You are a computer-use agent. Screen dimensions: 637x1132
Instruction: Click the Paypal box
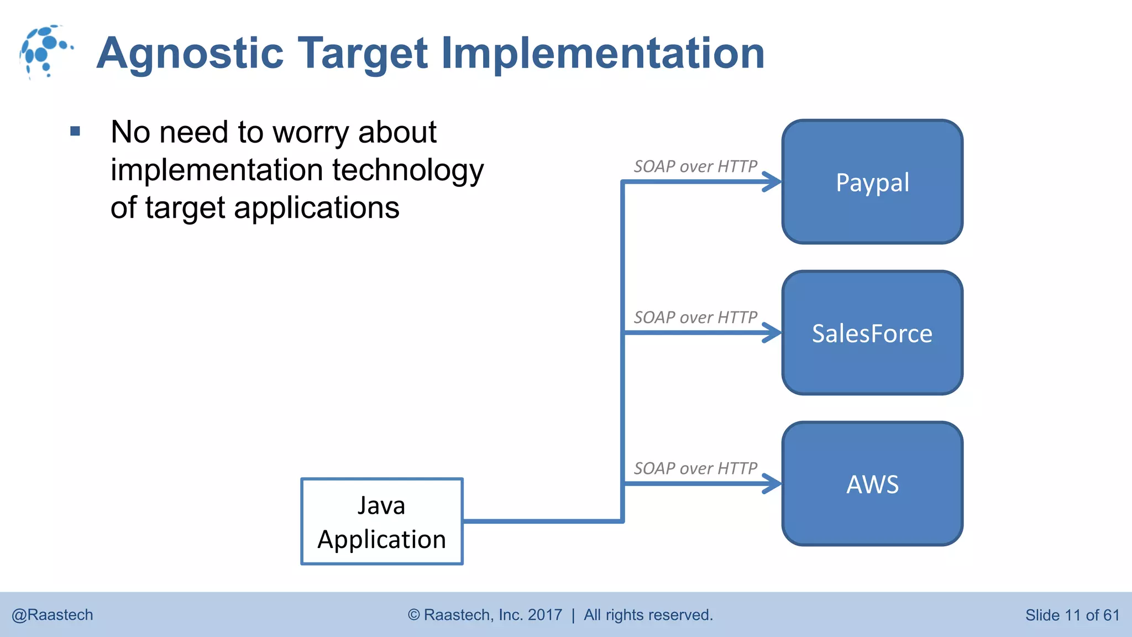872,182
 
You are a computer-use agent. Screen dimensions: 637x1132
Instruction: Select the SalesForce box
872,333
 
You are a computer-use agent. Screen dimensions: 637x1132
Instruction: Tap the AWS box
872,484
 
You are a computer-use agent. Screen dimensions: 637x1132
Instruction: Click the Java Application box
381,521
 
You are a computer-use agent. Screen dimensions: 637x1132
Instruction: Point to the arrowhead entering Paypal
773,181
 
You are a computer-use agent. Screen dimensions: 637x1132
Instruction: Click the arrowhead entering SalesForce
773,333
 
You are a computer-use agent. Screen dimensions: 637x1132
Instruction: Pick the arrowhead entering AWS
773,484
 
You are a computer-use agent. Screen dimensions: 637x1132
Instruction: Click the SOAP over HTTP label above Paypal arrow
695,166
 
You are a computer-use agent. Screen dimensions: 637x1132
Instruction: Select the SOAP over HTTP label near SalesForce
695,317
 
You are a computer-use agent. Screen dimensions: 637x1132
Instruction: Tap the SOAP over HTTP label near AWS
695,468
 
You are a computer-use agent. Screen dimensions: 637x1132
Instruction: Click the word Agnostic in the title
190,54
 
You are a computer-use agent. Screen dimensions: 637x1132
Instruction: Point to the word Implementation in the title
602,54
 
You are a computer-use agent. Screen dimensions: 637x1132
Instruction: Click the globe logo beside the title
45,51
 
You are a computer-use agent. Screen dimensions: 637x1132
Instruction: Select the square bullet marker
76,132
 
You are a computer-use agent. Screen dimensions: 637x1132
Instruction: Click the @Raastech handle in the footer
53,615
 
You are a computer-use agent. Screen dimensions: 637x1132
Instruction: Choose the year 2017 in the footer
544,615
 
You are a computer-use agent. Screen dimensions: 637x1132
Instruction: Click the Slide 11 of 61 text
1072,615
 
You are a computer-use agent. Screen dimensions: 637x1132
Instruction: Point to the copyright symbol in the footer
414,615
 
